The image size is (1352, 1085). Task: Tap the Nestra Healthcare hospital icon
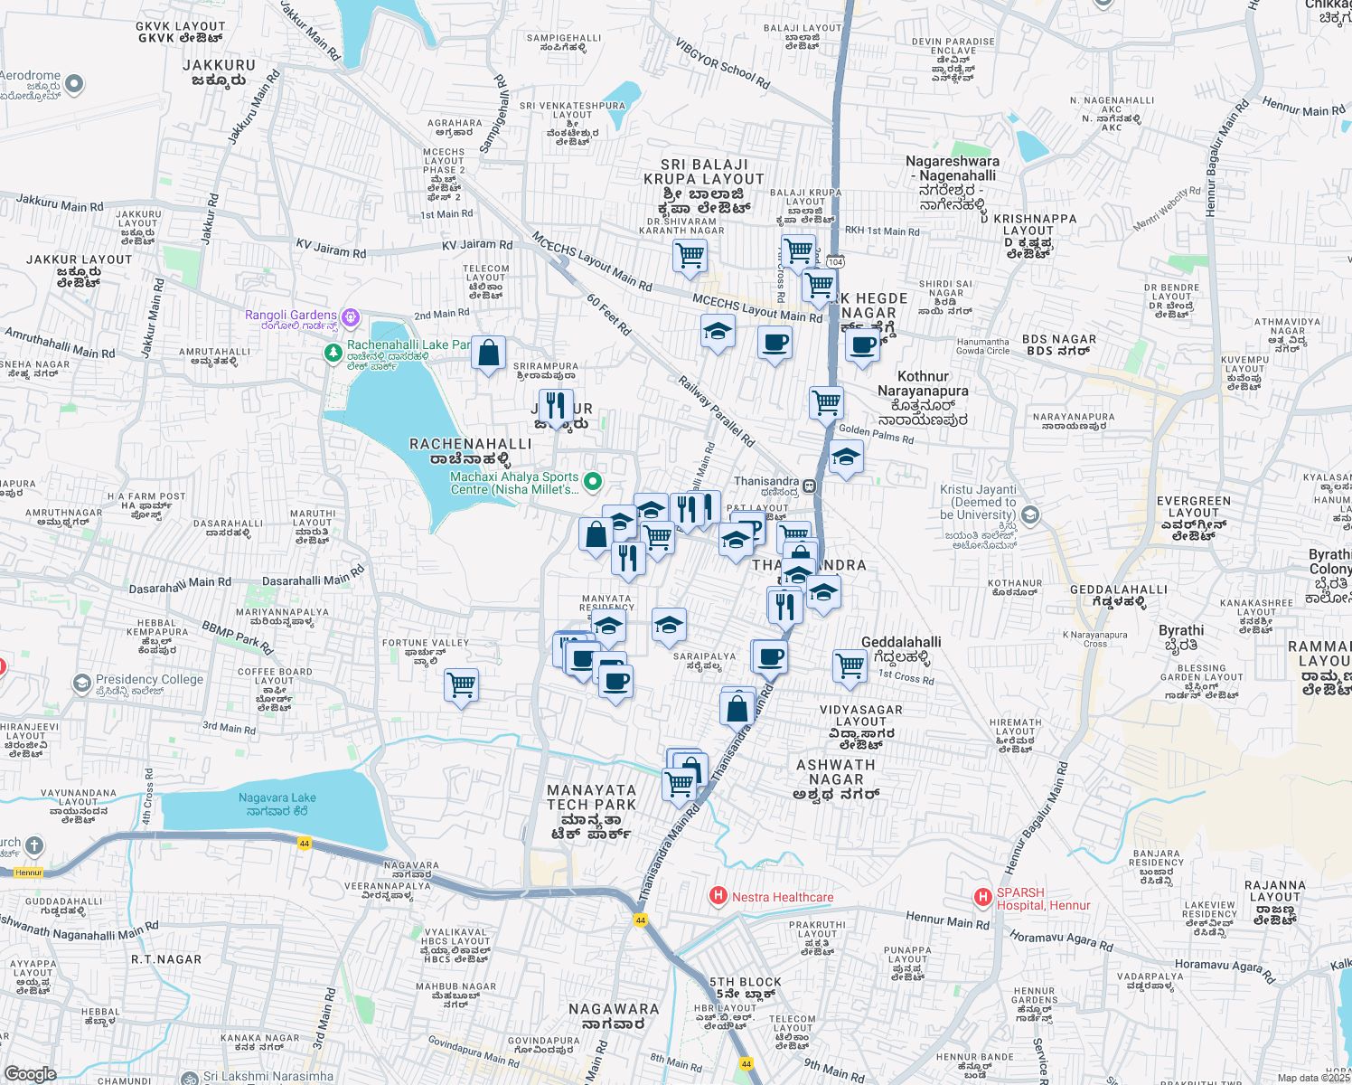pos(718,896)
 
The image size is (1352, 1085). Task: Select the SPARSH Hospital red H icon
pos(982,897)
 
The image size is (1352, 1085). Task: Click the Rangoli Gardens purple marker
pos(351,317)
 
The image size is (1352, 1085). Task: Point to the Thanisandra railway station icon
pos(809,486)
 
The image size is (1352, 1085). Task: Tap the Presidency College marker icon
pos(82,682)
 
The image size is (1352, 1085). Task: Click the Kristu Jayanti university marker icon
pos(1029,515)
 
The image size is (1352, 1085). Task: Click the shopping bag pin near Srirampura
pos(488,354)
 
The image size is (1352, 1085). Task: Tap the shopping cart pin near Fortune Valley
pos(461,685)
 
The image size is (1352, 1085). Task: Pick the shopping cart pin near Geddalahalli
pos(850,666)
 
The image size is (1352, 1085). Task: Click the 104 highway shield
pos(835,262)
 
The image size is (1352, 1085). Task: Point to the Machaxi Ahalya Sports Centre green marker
pos(592,482)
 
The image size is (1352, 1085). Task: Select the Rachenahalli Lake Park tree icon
pos(333,351)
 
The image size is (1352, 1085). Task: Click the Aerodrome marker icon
pos(74,85)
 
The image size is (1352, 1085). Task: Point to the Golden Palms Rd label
pos(876,434)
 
